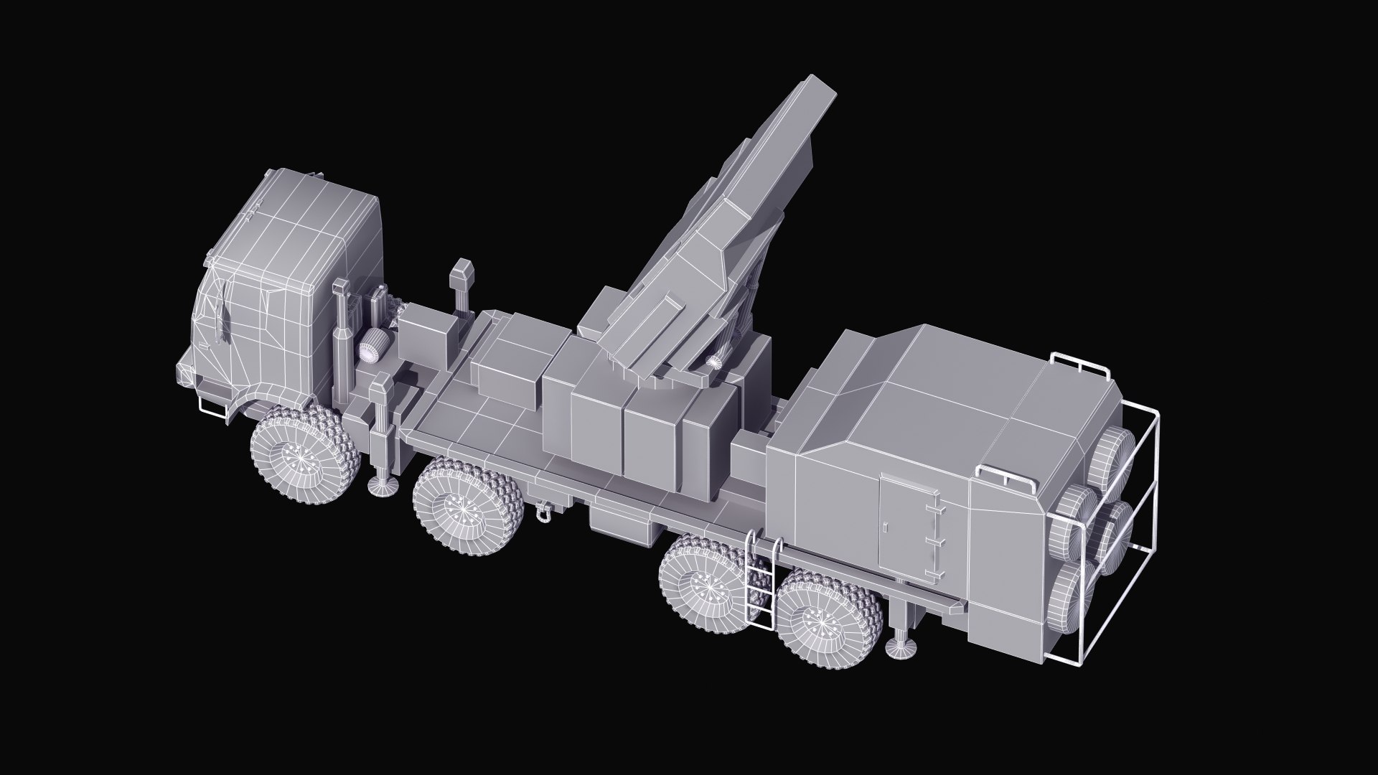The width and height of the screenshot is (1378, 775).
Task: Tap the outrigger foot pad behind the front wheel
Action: point(384,487)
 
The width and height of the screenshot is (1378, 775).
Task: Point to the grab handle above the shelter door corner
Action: point(1004,475)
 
